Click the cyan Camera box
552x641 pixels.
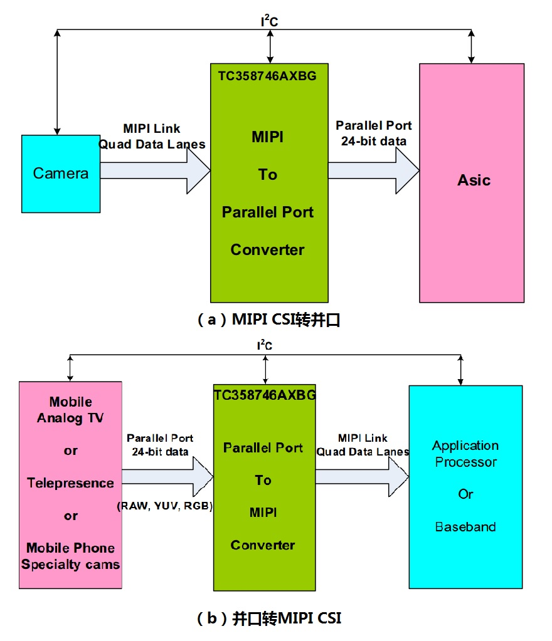(61, 174)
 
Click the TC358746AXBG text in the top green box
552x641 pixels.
(267, 76)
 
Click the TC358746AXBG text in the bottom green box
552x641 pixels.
(265, 396)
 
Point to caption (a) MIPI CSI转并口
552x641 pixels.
(268, 320)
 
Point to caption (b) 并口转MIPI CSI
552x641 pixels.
(269, 618)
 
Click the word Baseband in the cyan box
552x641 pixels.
(465, 526)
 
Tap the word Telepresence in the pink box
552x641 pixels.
(70, 483)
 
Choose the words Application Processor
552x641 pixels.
(465, 454)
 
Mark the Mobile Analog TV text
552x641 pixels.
(70, 410)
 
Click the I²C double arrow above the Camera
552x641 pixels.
(58, 81)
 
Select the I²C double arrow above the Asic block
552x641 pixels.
(472, 46)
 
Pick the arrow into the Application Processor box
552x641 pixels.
(361, 476)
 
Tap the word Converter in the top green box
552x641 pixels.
(267, 249)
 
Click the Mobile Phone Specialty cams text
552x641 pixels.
(70, 556)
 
